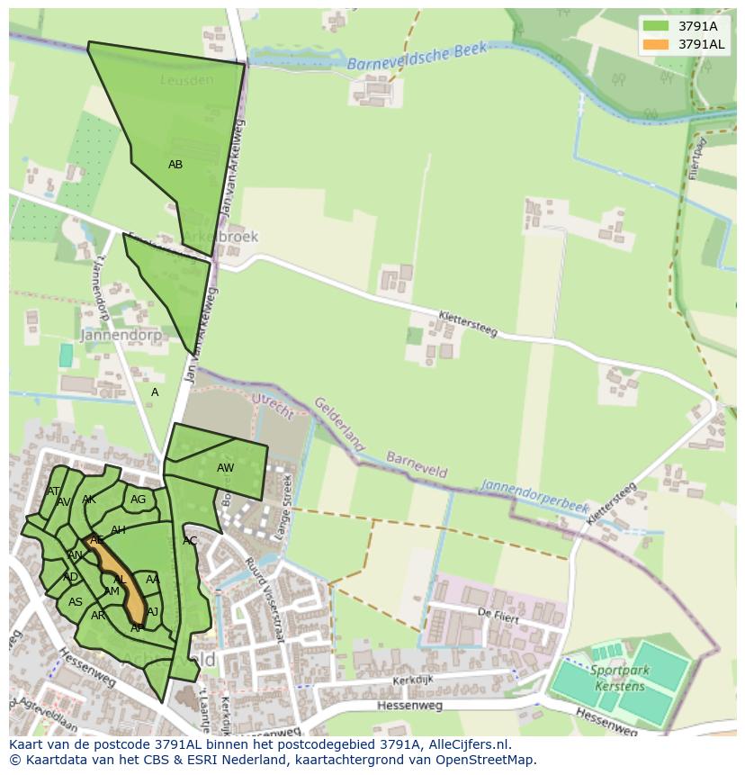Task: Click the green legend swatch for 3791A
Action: click(x=656, y=26)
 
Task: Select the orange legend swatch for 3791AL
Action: click(x=656, y=44)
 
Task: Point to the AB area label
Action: click(x=175, y=165)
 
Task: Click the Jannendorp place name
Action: click(x=121, y=335)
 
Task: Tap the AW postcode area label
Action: click(x=225, y=468)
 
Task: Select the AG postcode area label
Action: click(x=138, y=500)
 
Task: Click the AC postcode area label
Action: click(x=190, y=541)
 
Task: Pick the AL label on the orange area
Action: click(x=119, y=580)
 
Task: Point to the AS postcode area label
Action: click(x=76, y=602)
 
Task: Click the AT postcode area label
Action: click(x=53, y=491)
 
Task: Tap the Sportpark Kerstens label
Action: click(x=619, y=678)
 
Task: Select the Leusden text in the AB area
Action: click(x=187, y=80)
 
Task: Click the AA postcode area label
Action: click(x=152, y=580)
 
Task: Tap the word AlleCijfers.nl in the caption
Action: click(x=467, y=744)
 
